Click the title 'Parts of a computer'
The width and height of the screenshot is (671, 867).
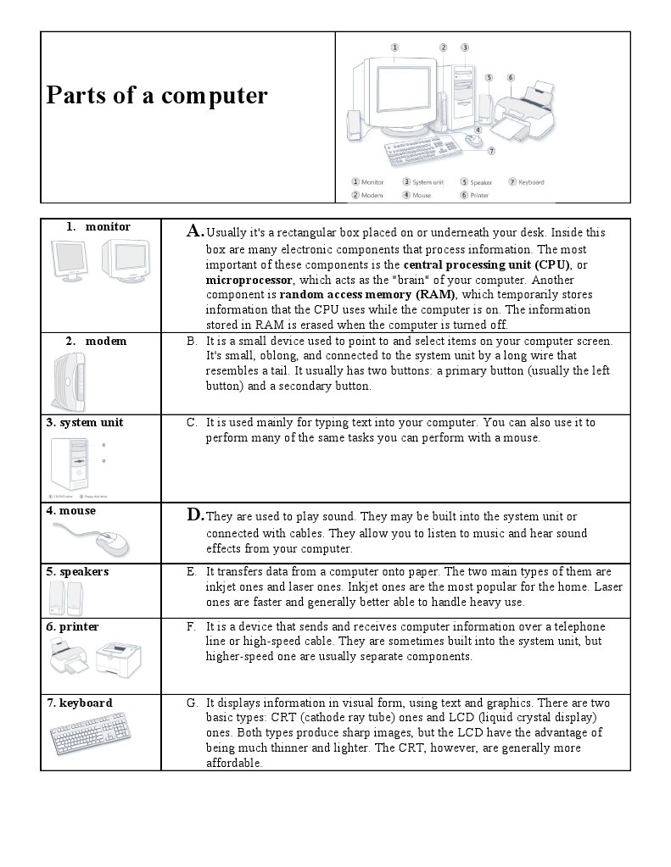point(156,95)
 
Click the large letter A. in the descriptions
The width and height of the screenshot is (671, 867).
point(195,231)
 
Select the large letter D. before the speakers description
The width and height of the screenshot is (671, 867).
point(195,514)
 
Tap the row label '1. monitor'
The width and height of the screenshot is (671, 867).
point(98,226)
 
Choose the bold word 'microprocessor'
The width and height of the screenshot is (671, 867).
point(249,280)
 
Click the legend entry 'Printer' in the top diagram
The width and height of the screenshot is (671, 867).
point(479,195)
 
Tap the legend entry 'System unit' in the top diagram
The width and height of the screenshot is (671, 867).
point(428,181)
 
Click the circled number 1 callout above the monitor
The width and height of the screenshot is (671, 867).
point(394,47)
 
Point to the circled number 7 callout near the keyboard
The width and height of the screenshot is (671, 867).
point(491,151)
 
